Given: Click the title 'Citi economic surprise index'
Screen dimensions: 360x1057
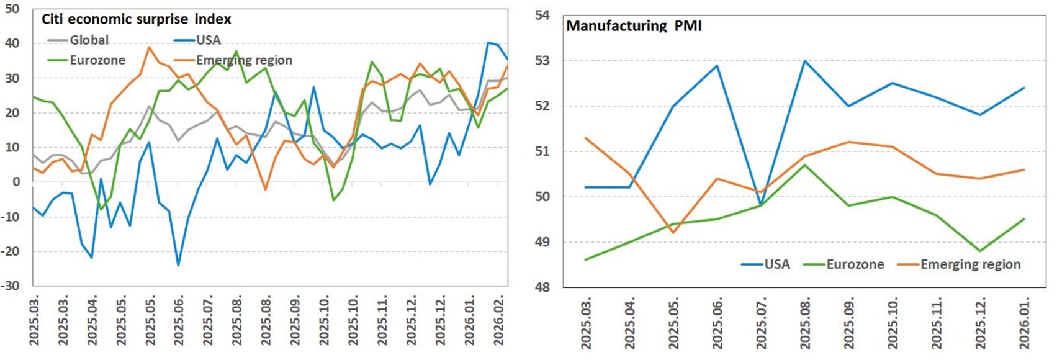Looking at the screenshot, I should (x=136, y=19).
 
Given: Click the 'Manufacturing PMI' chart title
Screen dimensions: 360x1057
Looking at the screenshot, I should (x=634, y=26).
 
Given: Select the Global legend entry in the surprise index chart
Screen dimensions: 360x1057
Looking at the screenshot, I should (x=89, y=40).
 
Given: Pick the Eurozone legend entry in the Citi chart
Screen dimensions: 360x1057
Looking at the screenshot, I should (x=97, y=60).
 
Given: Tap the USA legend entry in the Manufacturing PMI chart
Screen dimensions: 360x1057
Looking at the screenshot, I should (x=776, y=264).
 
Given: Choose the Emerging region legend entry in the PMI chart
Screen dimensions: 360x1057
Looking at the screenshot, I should (x=970, y=264).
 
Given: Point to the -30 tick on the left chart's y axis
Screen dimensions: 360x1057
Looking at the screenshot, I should (x=11, y=286).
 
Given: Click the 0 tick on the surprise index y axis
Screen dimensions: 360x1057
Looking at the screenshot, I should (x=16, y=182).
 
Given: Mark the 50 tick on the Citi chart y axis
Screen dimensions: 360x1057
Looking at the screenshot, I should (x=12, y=9).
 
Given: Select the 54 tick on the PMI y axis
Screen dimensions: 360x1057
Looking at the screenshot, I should (x=542, y=15).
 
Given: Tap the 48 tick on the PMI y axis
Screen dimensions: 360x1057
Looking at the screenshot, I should (x=542, y=287).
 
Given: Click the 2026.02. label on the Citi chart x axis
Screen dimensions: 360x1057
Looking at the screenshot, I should (x=499, y=321).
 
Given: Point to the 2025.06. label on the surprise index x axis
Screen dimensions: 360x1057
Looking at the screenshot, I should (x=179, y=321).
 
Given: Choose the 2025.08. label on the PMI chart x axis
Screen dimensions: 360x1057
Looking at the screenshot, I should (x=805, y=323).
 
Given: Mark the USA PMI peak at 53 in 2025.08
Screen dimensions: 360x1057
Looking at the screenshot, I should (x=805, y=61).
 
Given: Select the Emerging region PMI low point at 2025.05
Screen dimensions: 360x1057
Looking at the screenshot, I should (x=673, y=233).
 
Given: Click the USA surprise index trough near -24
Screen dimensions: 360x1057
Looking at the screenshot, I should (x=179, y=266).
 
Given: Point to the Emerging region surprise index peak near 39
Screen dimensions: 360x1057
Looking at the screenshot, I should (x=149, y=47).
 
